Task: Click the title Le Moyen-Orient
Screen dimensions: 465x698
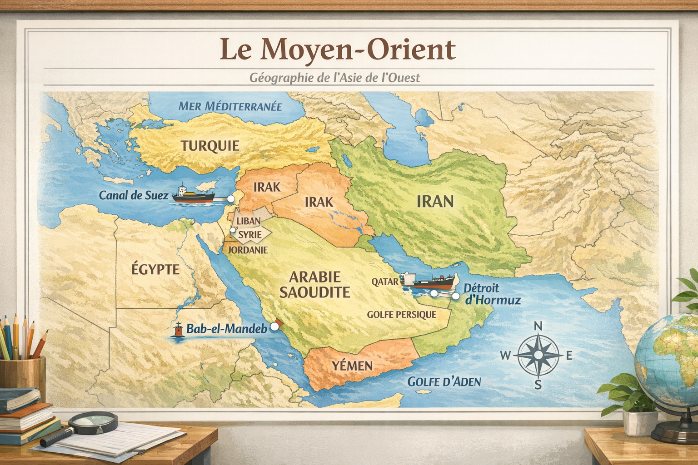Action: click(x=337, y=49)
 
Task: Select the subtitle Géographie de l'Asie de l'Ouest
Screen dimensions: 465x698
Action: click(x=334, y=78)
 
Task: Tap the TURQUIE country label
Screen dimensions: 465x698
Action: click(x=210, y=146)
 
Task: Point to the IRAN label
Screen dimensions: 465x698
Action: click(x=435, y=201)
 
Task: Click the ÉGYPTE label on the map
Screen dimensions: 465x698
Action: click(x=155, y=269)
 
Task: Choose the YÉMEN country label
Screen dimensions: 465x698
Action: click(x=352, y=366)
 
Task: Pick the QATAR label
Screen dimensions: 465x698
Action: click(x=384, y=282)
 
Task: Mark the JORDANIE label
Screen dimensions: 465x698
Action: click(x=248, y=250)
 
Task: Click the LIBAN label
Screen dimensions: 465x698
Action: click(x=249, y=221)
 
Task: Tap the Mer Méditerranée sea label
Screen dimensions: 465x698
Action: click(x=230, y=106)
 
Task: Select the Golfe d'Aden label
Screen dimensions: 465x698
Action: click(x=444, y=381)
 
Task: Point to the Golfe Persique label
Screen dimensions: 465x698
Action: click(x=401, y=314)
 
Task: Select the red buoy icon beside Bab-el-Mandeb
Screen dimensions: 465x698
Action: click(x=179, y=330)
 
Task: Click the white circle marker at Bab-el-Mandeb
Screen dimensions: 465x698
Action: click(x=274, y=326)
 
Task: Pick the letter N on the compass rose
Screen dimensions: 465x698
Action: click(x=538, y=326)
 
